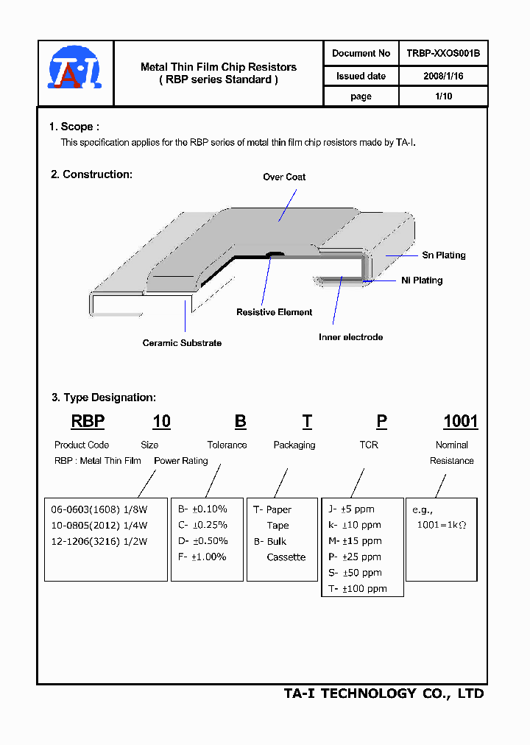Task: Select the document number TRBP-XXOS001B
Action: point(443,53)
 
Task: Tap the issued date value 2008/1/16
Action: point(443,76)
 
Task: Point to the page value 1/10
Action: point(443,96)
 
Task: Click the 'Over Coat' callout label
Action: point(284,177)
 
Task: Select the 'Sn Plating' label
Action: point(443,255)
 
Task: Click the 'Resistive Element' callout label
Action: point(274,312)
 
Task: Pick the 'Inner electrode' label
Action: point(350,337)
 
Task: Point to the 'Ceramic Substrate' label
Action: point(182,343)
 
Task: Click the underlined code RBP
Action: point(88,422)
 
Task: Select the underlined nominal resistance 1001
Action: point(460,422)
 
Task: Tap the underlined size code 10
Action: point(161,422)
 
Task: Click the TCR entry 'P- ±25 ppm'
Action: point(354,557)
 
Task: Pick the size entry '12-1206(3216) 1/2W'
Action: point(99,541)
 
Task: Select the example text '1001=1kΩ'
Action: point(442,525)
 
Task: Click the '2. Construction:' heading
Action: point(91,174)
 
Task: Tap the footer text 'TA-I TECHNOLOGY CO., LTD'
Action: point(384,693)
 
